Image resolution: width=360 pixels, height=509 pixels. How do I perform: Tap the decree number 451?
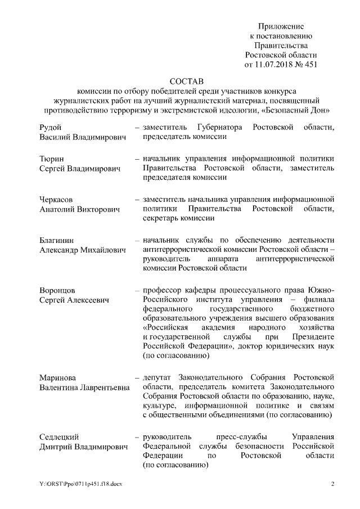click(310, 65)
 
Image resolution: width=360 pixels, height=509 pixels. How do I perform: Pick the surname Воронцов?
click(57, 290)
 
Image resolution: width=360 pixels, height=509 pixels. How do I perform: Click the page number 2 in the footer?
click(332, 484)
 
